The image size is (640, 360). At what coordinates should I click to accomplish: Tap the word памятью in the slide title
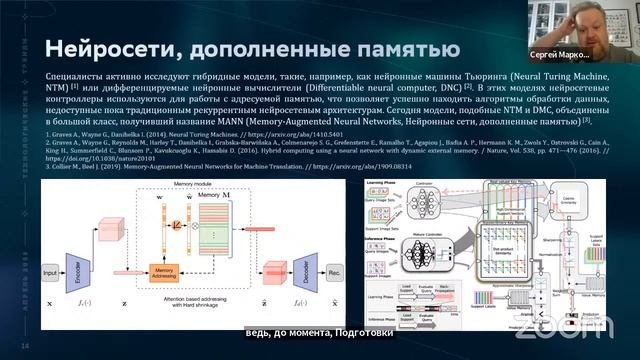400,48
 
